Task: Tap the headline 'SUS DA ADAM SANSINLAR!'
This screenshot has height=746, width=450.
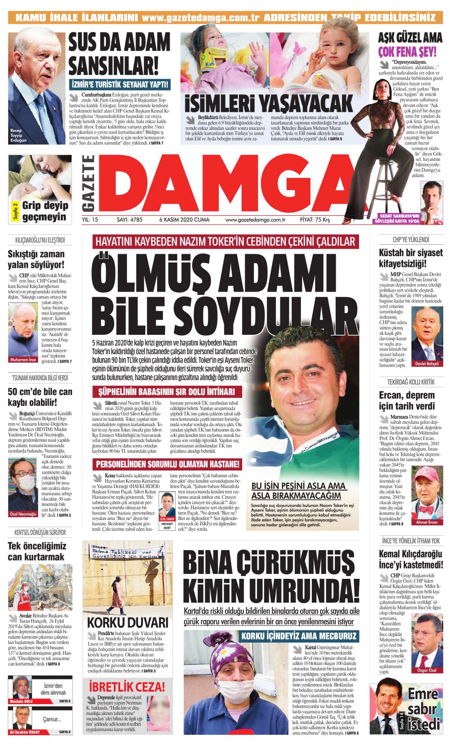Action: point(119,54)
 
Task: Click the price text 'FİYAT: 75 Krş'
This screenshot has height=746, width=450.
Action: point(315,220)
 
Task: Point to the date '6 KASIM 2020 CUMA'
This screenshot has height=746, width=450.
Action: point(184,220)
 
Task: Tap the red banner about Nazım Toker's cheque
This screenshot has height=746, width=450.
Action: point(225,241)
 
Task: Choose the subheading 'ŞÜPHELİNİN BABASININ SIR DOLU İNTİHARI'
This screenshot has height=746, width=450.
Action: point(166,391)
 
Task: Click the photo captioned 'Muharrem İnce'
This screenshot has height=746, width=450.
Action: point(23,333)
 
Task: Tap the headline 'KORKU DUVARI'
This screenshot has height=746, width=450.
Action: point(127,622)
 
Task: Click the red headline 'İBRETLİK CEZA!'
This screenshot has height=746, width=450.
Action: point(127,687)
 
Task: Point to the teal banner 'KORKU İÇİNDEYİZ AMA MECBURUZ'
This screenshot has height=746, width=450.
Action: point(299,636)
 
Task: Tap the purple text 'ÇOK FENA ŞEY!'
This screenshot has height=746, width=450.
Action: point(407,52)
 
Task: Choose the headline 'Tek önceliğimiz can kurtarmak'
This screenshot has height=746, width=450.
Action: point(37,551)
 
